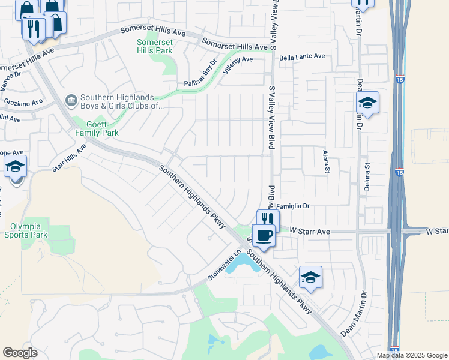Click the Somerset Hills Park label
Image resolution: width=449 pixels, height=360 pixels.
pyautogui.click(x=155, y=46)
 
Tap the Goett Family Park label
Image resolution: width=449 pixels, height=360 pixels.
pyautogui.click(x=96, y=128)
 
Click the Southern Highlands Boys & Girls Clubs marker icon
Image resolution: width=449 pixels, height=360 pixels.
pyautogui.click(x=71, y=98)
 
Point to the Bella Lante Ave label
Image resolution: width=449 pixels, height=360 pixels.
pyautogui.click(x=301, y=56)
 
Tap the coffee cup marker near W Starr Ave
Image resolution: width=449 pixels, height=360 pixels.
pyautogui.click(x=263, y=235)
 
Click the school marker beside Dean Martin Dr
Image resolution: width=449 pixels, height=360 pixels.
pyautogui.click(x=367, y=103)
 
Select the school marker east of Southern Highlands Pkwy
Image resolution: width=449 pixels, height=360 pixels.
pyautogui.click(x=310, y=277)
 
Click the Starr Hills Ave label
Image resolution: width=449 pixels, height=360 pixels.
pyautogui.click(x=69, y=158)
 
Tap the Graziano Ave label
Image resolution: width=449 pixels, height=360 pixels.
pyautogui.click(x=23, y=103)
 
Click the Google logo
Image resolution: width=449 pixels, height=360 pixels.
pyautogui.click(x=20, y=353)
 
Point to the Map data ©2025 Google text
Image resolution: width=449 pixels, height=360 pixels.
pyautogui.click(x=412, y=355)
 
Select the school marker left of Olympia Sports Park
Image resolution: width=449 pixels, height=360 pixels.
pyautogui.click(x=15, y=166)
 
